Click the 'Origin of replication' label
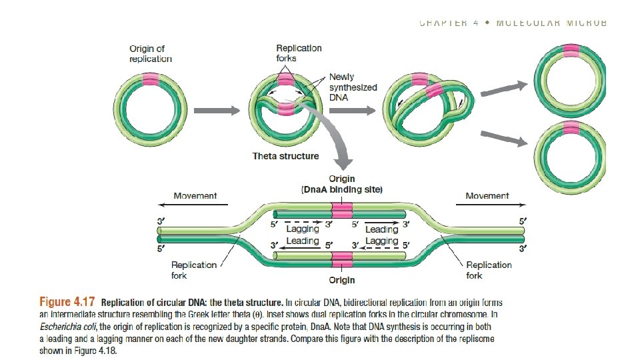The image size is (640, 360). [151, 53]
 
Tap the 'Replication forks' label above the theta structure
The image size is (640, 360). [299, 53]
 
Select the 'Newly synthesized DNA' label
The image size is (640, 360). [353, 87]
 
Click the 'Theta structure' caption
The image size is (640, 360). [285, 156]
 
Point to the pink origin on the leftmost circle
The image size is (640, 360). [151, 81]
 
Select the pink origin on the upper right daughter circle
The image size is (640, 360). [571, 51]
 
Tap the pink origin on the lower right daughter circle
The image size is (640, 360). [571, 128]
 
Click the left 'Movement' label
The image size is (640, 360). [195, 196]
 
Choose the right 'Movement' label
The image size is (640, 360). [487, 196]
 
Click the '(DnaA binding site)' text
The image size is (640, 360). [342, 190]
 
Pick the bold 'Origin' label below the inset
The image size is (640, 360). [341, 280]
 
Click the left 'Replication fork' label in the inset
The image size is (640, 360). [194, 269]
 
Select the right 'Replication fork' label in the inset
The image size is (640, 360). [489, 269]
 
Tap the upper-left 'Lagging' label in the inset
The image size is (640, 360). [302, 229]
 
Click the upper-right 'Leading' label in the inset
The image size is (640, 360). [381, 229]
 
